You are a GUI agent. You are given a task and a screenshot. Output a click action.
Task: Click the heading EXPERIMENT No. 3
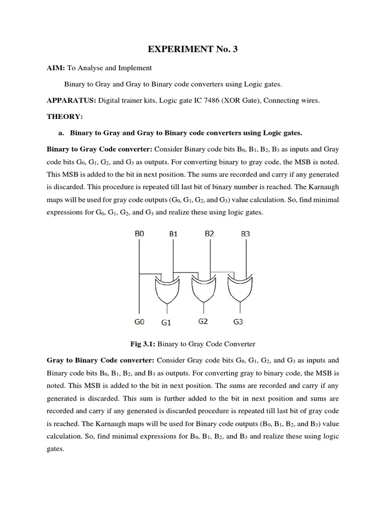click(192, 49)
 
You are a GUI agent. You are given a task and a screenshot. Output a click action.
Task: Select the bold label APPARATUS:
click(71, 100)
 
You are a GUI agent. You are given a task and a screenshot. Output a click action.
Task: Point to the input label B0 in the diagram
click(139, 233)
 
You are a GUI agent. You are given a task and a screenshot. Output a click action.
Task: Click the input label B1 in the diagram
click(173, 233)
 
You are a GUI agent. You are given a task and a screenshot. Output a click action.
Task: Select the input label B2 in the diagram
click(210, 233)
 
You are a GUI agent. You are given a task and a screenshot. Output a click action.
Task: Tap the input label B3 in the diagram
click(245, 233)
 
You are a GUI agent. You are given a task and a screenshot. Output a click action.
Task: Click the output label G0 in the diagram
click(139, 321)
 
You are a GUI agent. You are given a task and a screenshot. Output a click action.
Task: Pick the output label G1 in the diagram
click(166, 322)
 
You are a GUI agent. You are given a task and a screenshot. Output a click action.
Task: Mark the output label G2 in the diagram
click(203, 321)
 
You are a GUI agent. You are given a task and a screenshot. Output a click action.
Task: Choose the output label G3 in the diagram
click(238, 321)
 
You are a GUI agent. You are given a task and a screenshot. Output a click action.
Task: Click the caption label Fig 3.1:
click(143, 344)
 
